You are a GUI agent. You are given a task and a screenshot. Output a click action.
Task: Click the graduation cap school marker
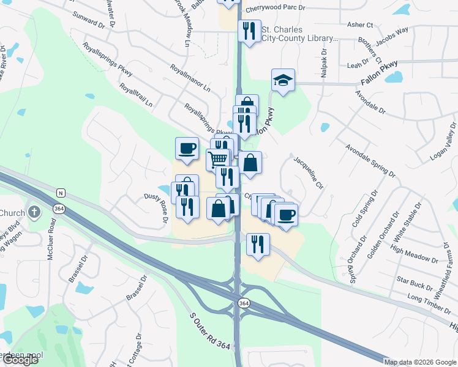point(283,80)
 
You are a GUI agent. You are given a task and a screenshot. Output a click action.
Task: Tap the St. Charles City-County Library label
point(299,34)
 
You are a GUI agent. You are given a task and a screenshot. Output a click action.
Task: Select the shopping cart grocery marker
point(219,160)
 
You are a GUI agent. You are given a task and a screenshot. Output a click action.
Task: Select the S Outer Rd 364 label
point(210,332)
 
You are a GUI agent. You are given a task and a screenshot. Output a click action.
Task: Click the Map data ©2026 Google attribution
point(421,362)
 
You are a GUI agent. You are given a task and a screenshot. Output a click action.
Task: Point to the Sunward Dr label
point(88,21)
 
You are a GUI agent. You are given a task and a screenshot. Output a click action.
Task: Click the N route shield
point(60,193)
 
